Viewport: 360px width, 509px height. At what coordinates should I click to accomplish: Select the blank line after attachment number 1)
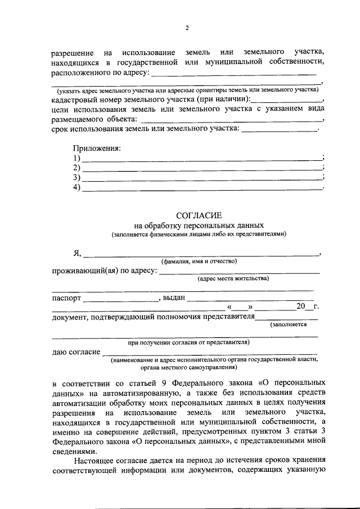coord(202,160)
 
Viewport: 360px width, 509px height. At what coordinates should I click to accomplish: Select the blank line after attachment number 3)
coord(202,179)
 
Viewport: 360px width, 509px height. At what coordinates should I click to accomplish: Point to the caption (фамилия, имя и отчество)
coord(199,262)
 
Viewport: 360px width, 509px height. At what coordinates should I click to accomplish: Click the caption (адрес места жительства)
coord(233,278)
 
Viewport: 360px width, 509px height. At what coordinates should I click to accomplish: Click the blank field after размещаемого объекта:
coord(231,120)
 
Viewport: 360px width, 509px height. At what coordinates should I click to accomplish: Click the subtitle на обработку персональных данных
coord(199,226)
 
